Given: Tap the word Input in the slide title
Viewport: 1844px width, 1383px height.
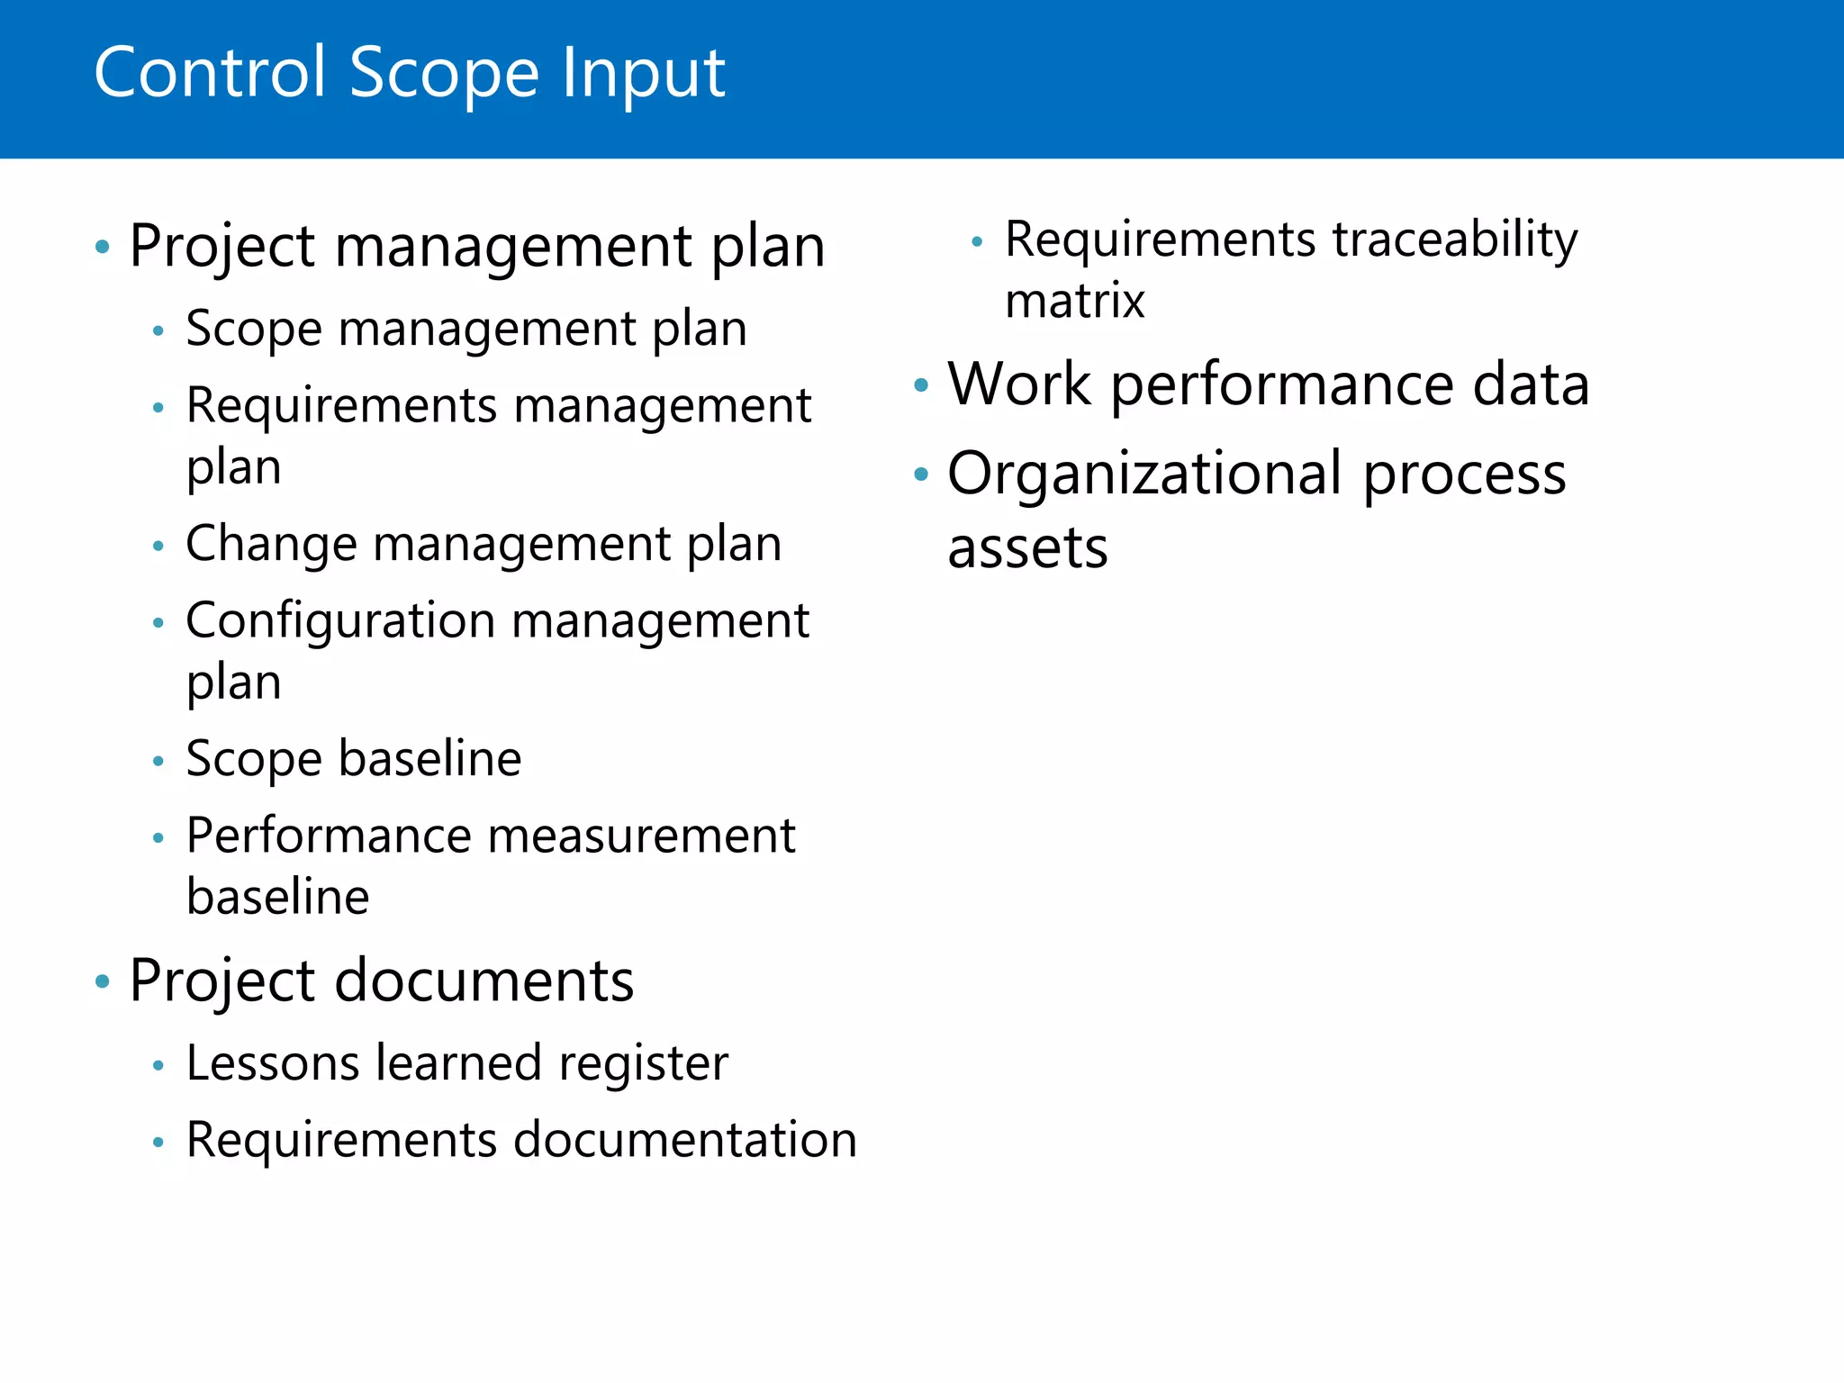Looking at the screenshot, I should coord(642,74).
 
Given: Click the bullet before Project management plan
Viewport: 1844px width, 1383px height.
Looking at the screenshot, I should coord(102,246).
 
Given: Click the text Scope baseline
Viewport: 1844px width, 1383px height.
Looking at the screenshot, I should coord(353,758).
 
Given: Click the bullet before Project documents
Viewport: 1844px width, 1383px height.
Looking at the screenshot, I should coord(102,981).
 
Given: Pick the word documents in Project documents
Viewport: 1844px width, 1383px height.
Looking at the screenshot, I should coord(484,981).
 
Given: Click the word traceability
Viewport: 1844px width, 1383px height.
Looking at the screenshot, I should coord(1454,240).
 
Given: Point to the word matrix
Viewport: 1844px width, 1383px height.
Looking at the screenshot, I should coord(1074,301).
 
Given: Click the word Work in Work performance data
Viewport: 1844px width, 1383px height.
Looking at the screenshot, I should coord(1019,384).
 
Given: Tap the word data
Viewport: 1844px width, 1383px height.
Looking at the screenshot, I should coord(1531,384).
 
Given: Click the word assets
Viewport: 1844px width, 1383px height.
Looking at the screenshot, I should coord(1027,548).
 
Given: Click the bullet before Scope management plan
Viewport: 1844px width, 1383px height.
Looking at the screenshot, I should coord(158,330).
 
